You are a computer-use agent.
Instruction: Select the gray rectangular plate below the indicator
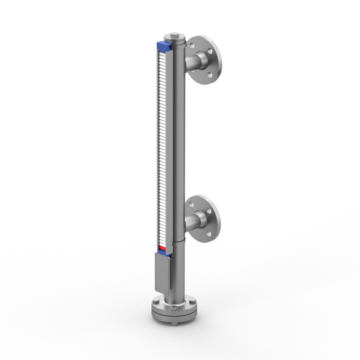(x=161, y=272)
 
